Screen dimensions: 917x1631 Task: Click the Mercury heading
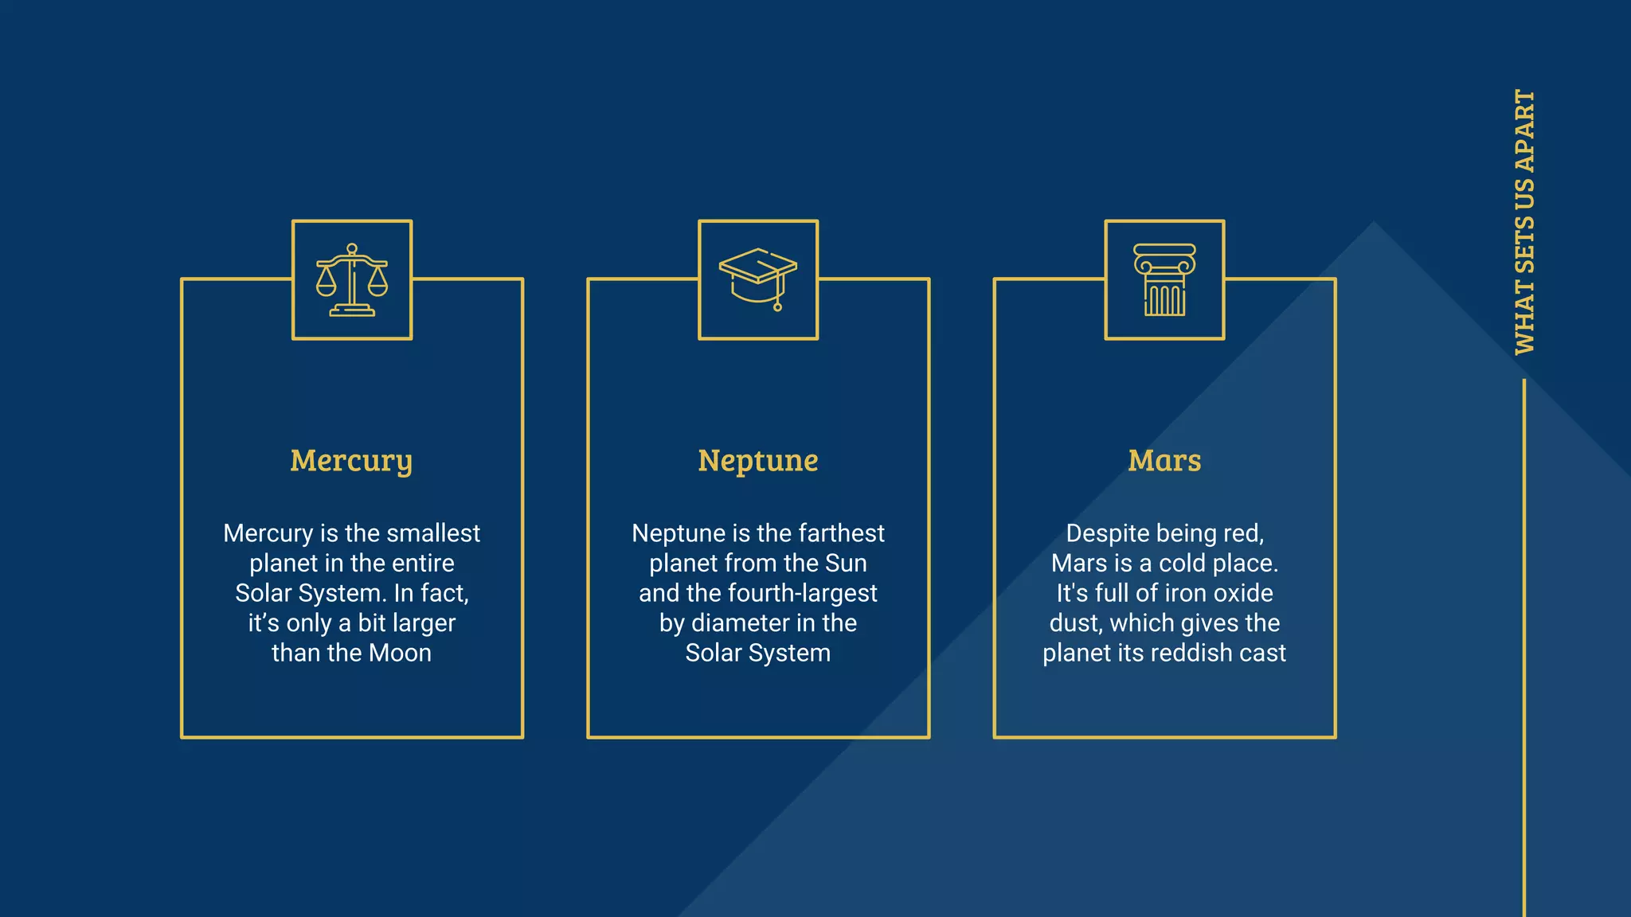click(x=351, y=461)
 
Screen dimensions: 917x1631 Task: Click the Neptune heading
click(x=757, y=461)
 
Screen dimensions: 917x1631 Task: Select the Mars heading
click(x=1164, y=461)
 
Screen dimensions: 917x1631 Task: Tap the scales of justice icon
click(x=352, y=280)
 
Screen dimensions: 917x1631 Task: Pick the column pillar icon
click(x=1164, y=280)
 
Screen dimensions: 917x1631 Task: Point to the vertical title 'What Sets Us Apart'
click(x=1524, y=222)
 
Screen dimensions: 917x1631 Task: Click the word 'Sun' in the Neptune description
click(x=846, y=564)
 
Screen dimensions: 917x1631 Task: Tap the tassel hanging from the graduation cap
click(x=778, y=302)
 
